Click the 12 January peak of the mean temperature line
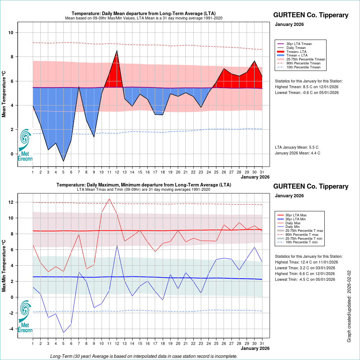coord(117,50)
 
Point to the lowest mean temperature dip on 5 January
coord(63,161)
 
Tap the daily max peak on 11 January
coord(109,199)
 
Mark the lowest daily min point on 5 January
coord(63,332)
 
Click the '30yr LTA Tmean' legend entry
coord(299,44)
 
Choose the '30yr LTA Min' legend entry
coord(296,219)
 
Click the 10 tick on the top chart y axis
coord(11,33)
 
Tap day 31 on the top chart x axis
coord(262,172)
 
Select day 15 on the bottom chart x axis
coord(140,343)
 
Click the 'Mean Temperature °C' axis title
coord(4,94)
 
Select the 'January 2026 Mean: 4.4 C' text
coord(297,153)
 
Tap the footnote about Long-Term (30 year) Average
coord(144,356)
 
